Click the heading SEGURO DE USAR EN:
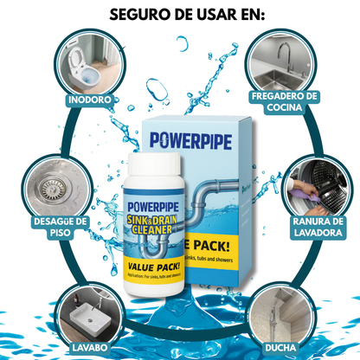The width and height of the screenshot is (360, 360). point(179,16)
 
